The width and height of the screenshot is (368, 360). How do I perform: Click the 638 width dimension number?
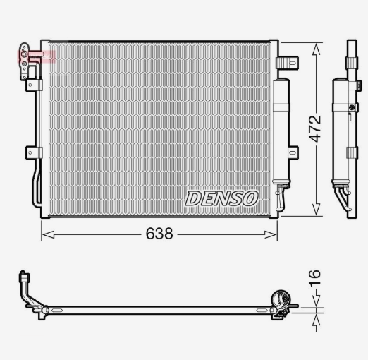[159, 234]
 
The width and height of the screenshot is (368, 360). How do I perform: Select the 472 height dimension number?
[315, 129]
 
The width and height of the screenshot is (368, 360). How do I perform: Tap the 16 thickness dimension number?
[314, 278]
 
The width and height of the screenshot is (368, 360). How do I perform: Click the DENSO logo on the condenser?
[222, 198]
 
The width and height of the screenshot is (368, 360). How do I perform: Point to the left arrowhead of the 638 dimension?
[48, 234]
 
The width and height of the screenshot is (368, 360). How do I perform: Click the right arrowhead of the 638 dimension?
[271, 234]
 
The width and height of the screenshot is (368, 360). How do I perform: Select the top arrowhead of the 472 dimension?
[317, 49]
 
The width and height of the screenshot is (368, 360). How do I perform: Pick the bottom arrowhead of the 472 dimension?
[317, 210]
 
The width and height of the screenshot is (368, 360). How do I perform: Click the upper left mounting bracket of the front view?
[34, 85]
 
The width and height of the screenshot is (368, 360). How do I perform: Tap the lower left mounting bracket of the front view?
[34, 152]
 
